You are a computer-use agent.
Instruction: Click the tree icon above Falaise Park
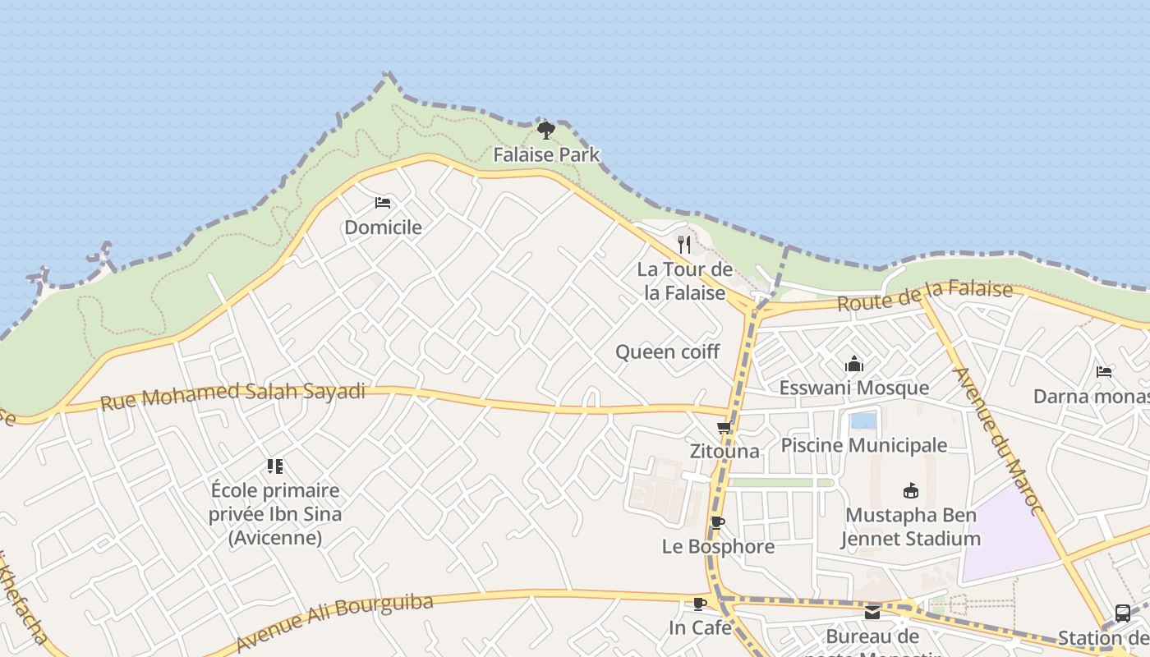tap(545, 130)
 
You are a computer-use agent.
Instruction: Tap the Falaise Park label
tap(546, 154)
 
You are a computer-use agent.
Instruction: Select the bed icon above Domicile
tap(382, 203)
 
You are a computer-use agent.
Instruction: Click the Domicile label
tap(383, 227)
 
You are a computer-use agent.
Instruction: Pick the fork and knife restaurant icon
tap(684, 244)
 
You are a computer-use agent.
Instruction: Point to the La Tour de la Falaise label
tap(684, 281)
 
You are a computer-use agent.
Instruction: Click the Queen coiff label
tap(667, 352)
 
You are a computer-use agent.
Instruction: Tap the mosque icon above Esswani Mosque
tap(854, 364)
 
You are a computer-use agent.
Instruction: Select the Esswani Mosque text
tap(853, 388)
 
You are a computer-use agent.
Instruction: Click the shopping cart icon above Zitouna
tap(724, 427)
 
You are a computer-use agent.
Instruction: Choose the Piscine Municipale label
tap(863, 445)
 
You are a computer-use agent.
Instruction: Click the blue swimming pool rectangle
tap(863, 421)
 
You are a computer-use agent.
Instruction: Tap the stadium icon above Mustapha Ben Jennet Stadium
tap(910, 491)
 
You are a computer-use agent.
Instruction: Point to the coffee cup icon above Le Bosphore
tap(717, 523)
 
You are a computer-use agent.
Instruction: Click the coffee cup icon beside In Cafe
tap(699, 604)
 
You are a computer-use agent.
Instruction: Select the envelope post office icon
tap(872, 613)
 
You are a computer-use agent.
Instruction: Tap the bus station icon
tap(1122, 613)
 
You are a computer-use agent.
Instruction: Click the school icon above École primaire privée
tap(275, 466)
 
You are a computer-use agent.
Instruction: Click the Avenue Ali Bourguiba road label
tap(334, 622)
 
